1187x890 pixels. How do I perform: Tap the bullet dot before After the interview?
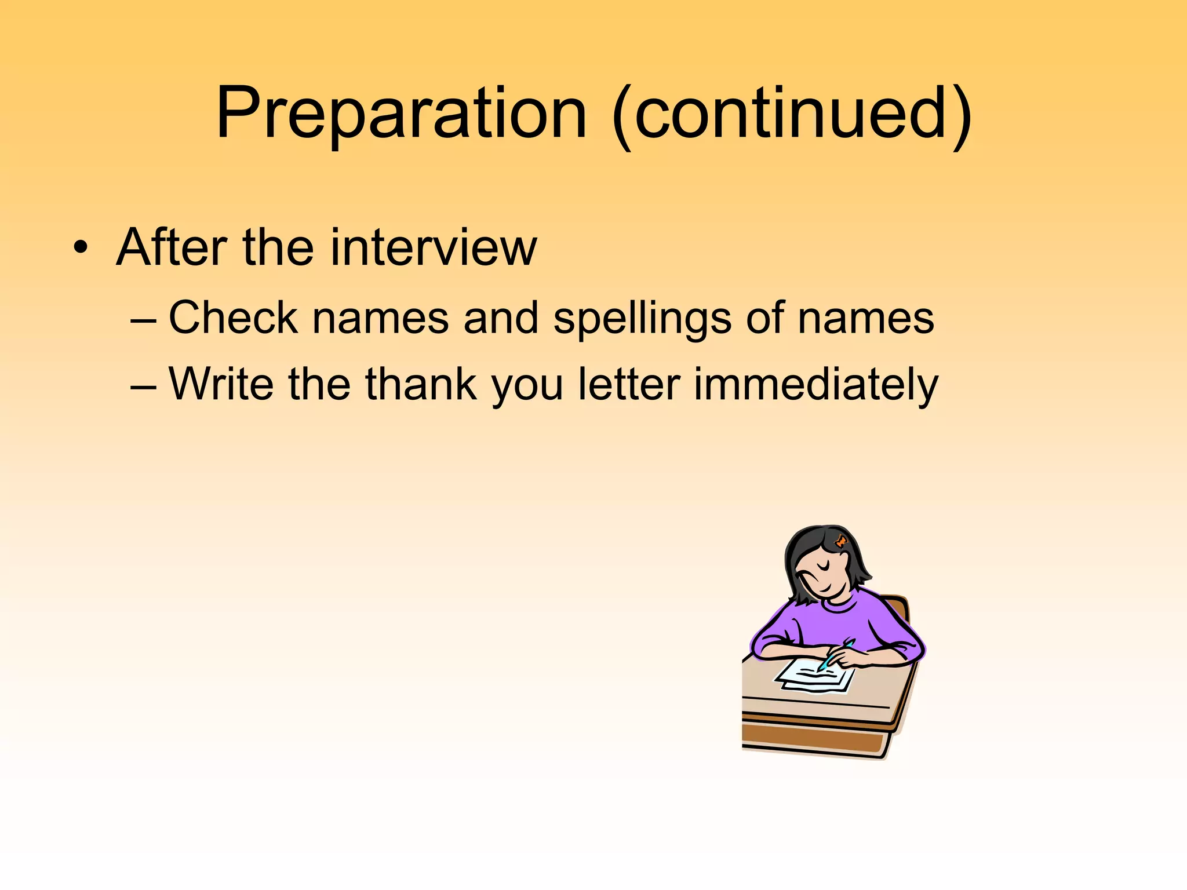[81, 248]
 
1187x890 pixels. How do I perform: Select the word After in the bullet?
[172, 248]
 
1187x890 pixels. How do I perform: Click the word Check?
[232, 318]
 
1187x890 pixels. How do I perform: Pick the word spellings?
[642, 319]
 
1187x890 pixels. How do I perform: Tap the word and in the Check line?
[501, 318]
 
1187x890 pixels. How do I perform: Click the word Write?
[221, 384]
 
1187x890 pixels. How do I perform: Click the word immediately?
[815, 385]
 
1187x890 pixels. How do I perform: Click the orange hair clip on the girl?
[840, 542]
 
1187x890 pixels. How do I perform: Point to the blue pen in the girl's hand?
[835, 654]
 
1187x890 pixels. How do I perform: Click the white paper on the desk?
[814, 678]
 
